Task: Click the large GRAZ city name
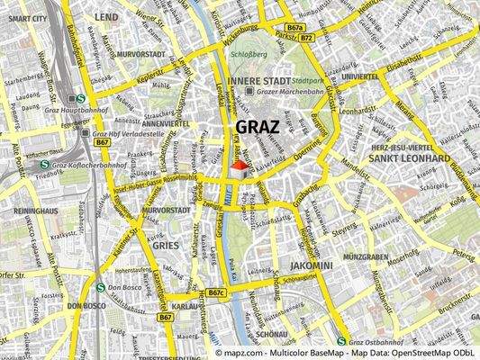258,127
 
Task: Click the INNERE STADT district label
255,80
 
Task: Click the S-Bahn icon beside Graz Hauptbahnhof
81,100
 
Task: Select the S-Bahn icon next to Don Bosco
100,288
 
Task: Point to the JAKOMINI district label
312,266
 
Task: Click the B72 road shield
307,39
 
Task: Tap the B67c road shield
216,292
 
